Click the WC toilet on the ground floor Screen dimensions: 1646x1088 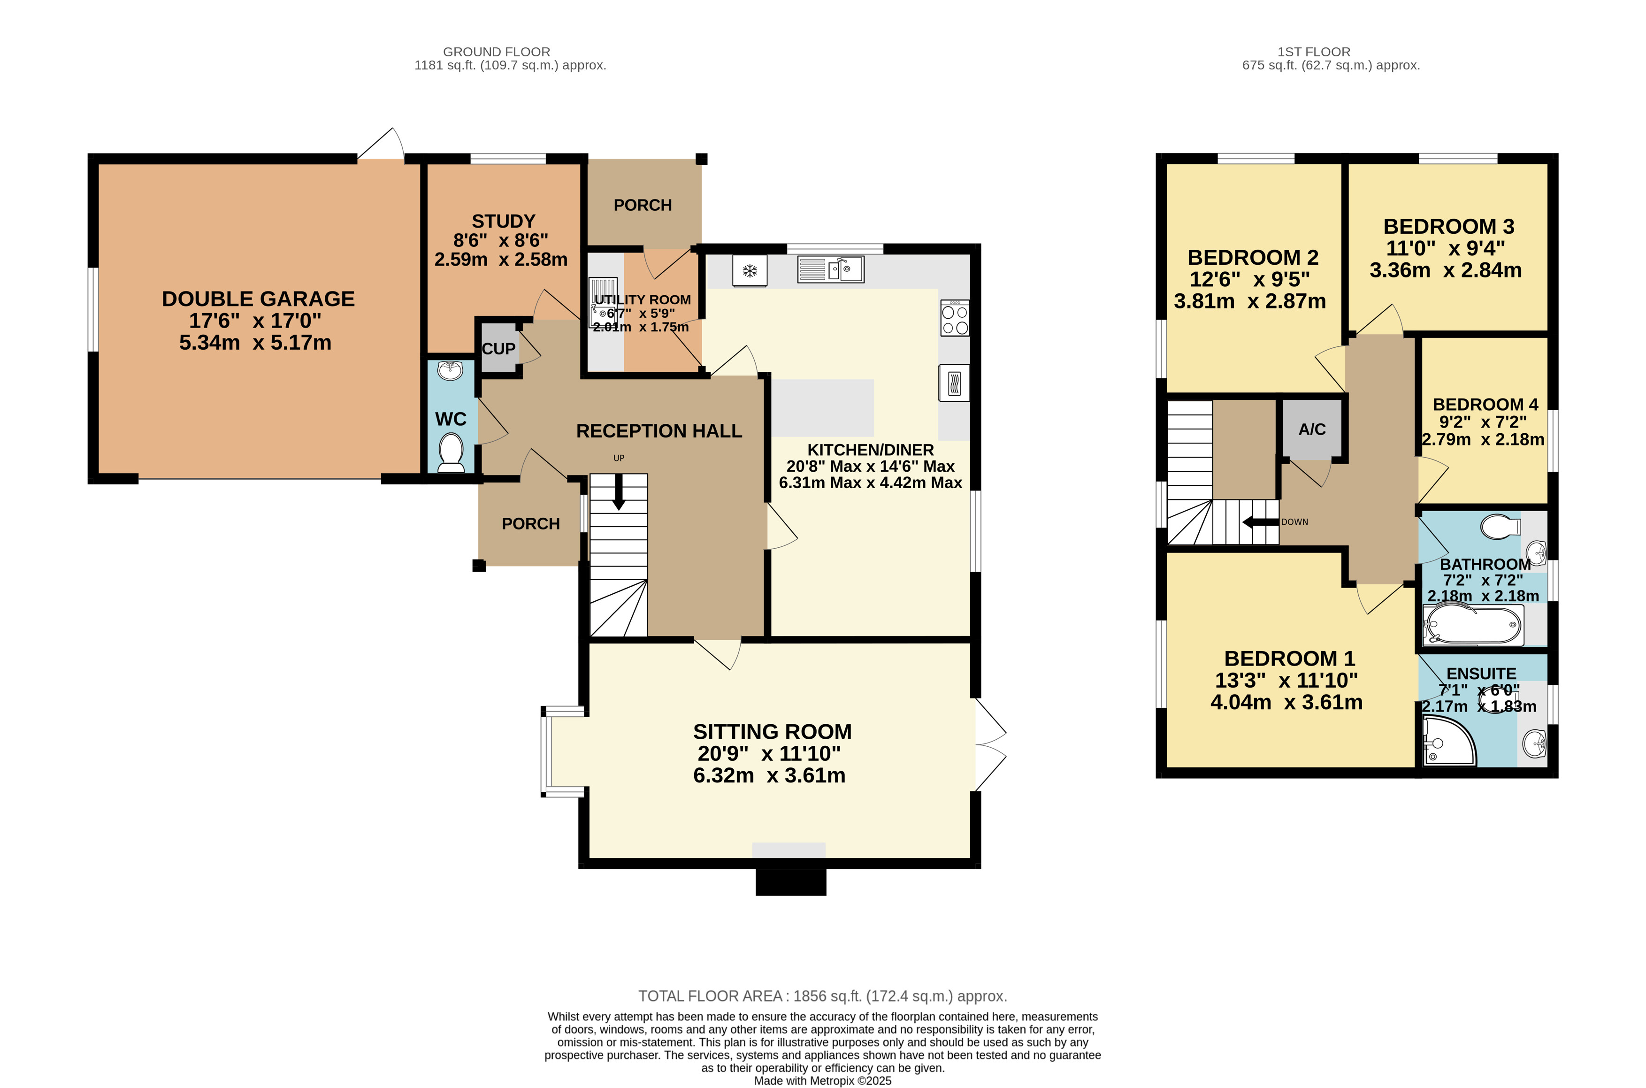pyautogui.click(x=451, y=452)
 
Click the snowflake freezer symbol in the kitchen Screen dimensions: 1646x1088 pyautogui.click(x=750, y=271)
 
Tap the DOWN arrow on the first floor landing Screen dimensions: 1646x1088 pyautogui.click(x=1260, y=522)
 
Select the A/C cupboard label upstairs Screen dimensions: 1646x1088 pyautogui.click(x=1312, y=429)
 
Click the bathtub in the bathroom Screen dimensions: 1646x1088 pyautogui.click(x=1473, y=624)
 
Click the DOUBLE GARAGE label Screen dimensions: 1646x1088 pyautogui.click(x=258, y=299)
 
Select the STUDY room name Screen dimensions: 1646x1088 pyautogui.click(x=504, y=222)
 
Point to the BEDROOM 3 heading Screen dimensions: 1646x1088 pyautogui.click(x=1448, y=226)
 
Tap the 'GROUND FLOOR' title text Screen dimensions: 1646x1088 pyautogui.click(x=497, y=52)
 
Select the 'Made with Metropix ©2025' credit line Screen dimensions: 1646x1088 pyautogui.click(x=823, y=1080)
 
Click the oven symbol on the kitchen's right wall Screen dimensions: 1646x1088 pyautogui.click(x=955, y=383)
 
